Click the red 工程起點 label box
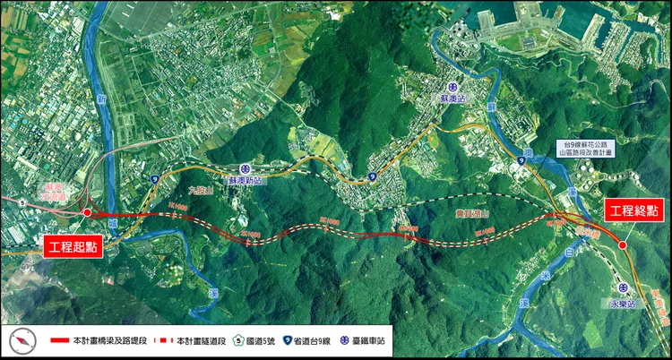[74, 246]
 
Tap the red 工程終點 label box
[633, 210]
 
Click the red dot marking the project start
[87, 213]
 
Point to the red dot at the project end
[623, 244]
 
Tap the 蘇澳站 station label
[449, 98]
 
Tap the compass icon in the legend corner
[22, 341]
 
